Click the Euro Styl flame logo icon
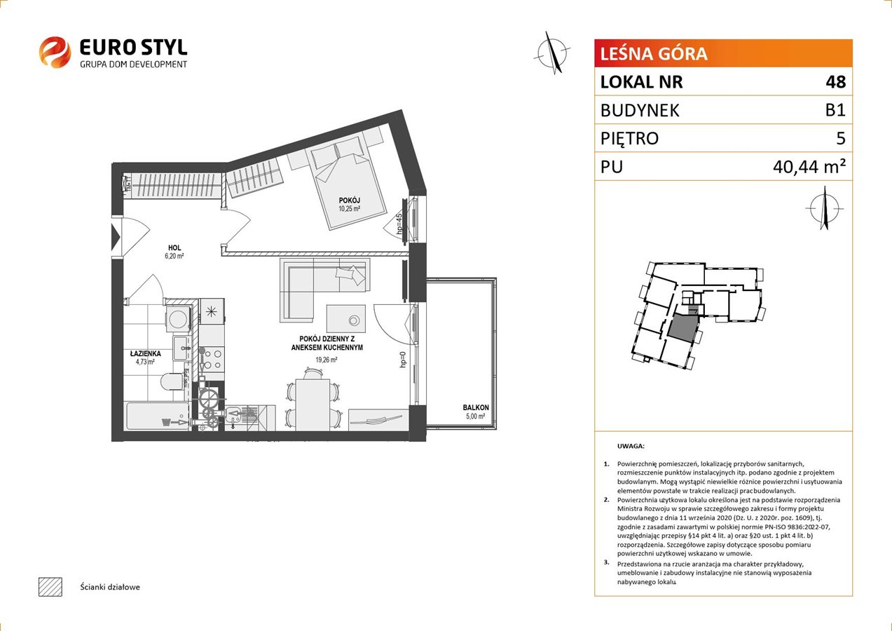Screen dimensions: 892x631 pos(55,52)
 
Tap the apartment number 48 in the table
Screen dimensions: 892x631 pos(835,81)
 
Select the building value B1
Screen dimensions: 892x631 pos(835,110)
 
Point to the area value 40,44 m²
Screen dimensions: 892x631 pos(809,167)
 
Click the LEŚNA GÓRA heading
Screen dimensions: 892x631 pos(654,54)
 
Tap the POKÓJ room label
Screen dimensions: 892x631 pos(349,200)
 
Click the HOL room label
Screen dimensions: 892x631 pos(174,247)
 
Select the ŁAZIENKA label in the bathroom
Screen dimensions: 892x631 pos(145,353)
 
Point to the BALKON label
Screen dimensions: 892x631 pos(476,407)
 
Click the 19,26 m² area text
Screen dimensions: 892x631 pos(326,360)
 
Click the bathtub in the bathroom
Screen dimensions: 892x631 pos(158,416)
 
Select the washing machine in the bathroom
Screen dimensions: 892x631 pos(178,318)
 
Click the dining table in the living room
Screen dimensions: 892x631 pos(313,405)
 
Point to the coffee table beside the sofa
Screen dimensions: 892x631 pos(345,319)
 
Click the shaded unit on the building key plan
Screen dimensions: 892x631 pos(682,327)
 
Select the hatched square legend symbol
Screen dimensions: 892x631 pos(50,588)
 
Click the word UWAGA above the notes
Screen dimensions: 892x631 pos(631,446)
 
